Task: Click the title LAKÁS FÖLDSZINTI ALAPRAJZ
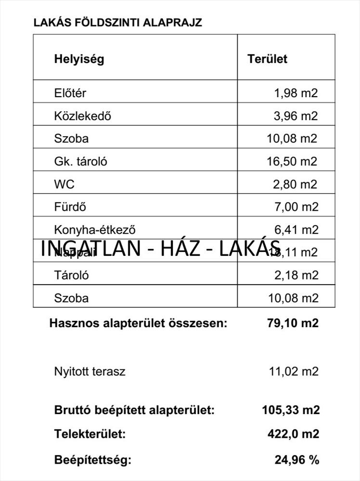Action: pyautogui.click(x=118, y=23)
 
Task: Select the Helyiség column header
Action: pyautogui.click(x=79, y=59)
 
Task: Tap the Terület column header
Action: pyautogui.click(x=267, y=59)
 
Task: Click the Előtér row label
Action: pyautogui.click(x=70, y=93)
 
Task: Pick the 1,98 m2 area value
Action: pyautogui.click(x=296, y=93)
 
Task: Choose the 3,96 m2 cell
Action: pyautogui.click(x=296, y=116)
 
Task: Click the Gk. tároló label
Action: pyautogui.click(x=80, y=162)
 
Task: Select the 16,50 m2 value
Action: pyautogui.click(x=292, y=162)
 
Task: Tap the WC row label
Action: pyautogui.click(x=64, y=184)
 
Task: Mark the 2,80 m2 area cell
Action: pyautogui.click(x=296, y=184)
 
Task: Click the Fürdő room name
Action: pyautogui.click(x=70, y=207)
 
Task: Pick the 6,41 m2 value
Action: pyautogui.click(x=296, y=230)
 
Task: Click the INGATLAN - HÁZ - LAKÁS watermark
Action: pyautogui.click(x=160, y=249)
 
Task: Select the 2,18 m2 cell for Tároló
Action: pyautogui.click(x=296, y=276)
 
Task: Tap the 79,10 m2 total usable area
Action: pyautogui.click(x=293, y=323)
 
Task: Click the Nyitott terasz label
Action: pyautogui.click(x=90, y=371)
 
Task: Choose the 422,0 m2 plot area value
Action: pyautogui.click(x=293, y=434)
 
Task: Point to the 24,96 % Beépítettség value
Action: pyautogui.click(x=297, y=460)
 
